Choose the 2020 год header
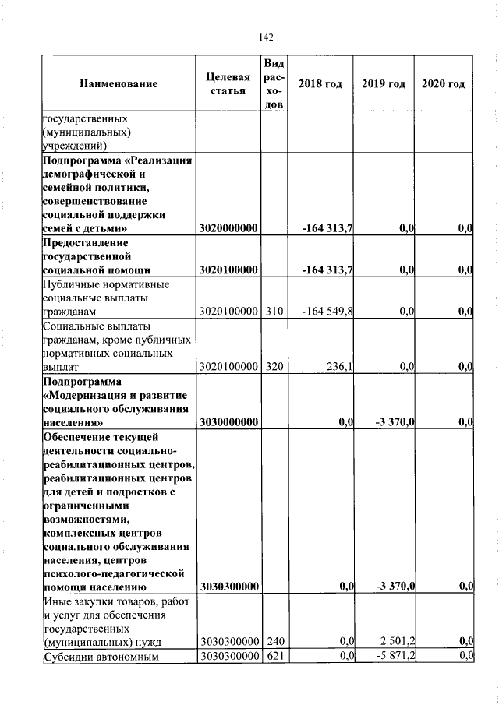click(x=444, y=84)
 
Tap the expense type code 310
click(x=274, y=312)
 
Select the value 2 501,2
click(x=398, y=641)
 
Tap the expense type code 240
click(x=274, y=641)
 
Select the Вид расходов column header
click(x=274, y=84)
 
